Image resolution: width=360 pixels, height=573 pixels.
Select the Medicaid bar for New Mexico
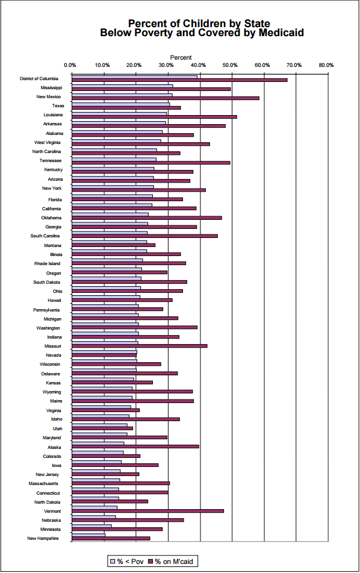(166, 98)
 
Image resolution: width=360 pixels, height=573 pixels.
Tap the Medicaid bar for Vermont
(147, 511)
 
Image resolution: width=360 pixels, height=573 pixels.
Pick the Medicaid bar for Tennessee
(151, 162)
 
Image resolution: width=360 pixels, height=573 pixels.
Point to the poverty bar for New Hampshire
(88, 535)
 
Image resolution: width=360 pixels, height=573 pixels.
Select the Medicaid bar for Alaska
(135, 446)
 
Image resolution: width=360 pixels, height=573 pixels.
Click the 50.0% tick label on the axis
(231, 65)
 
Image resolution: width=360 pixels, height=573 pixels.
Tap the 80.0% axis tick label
(327, 65)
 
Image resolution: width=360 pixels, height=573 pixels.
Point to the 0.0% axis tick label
(70, 65)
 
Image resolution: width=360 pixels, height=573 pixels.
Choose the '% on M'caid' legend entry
(172, 562)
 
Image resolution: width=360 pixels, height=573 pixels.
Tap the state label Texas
(58, 105)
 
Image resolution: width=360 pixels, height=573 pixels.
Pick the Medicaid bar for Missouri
(140, 346)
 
